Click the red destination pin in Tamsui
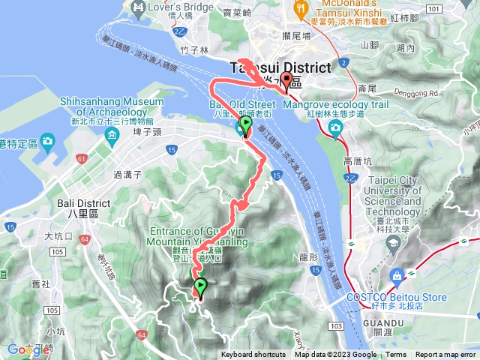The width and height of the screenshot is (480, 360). point(286,82)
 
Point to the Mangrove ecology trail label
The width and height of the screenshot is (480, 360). point(335,104)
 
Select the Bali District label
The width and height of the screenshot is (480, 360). point(83,203)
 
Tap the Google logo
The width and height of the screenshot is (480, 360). point(28,349)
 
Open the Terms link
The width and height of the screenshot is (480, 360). point(396,355)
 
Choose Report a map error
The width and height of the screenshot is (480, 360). point(446,355)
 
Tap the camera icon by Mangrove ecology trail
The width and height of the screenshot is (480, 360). point(334,127)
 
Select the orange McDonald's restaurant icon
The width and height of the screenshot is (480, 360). point(302,7)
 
